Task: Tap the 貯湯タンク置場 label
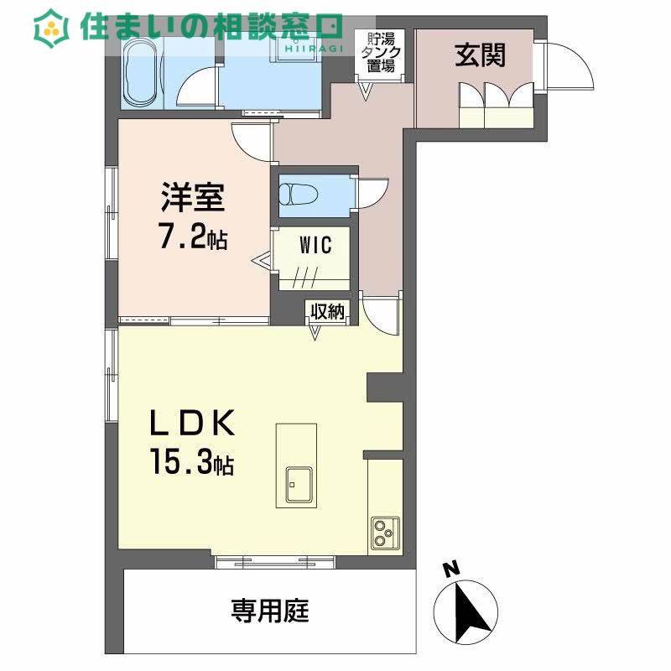coord(379,53)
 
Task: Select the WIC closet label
coord(316,246)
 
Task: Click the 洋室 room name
coord(192,200)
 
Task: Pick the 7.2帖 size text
coord(193,239)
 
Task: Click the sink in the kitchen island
coord(297,482)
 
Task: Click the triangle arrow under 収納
coord(316,333)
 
